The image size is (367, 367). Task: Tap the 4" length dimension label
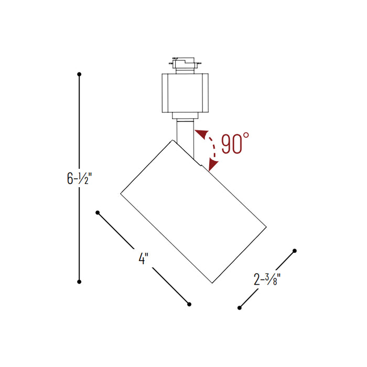point(143,258)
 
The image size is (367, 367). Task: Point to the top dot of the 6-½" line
point(79,74)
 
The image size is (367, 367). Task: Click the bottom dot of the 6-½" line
point(79,282)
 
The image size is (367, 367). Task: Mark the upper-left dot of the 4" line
point(98,212)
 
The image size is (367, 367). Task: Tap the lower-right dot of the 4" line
point(189,304)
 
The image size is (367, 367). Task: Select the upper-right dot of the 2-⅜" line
point(295,251)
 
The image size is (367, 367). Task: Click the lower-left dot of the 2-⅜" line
point(239,307)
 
